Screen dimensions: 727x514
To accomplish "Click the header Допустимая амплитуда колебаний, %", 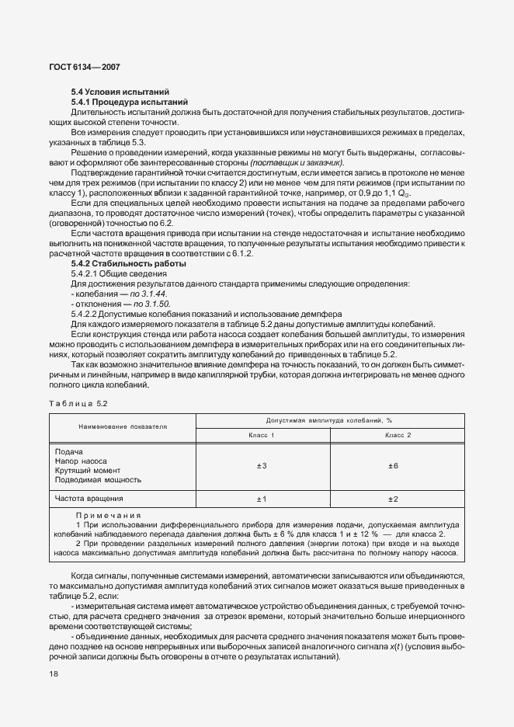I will click(x=330, y=420).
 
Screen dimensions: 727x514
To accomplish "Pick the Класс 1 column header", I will click(x=262, y=435).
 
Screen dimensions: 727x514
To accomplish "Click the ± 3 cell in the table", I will click(x=262, y=466).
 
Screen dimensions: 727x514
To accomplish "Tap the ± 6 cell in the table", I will click(x=393, y=466).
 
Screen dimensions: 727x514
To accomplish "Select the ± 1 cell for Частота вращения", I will click(x=262, y=499).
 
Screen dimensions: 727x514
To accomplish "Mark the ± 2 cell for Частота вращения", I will click(x=393, y=499).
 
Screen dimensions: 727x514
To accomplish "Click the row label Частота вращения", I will click(x=89, y=498).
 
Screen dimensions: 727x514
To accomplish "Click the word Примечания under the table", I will click(x=109, y=516).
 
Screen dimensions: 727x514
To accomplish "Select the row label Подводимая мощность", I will click(x=97, y=481).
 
